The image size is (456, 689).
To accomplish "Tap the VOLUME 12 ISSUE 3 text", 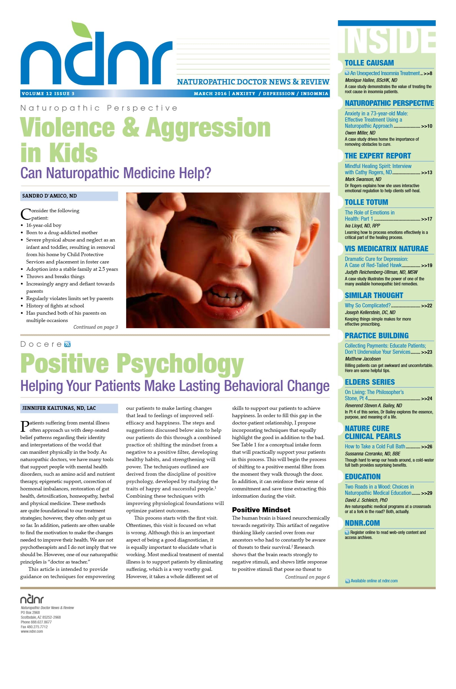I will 48,94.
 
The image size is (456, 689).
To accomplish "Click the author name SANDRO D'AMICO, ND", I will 50,196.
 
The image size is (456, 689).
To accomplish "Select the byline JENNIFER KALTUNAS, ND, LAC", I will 59,408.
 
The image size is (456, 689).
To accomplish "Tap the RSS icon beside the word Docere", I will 68,344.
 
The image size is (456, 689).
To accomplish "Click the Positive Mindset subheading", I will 261,510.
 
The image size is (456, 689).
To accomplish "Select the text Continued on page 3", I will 95,327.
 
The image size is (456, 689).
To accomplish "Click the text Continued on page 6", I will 307,577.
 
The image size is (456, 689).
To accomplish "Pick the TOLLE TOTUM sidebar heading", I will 366,202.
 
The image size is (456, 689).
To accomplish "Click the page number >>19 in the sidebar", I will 427,265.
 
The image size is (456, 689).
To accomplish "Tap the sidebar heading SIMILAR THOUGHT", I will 374,295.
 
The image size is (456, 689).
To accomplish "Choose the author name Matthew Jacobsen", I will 363,359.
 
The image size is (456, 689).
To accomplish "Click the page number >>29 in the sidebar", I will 427,493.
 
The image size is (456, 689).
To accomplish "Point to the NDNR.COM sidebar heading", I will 362,523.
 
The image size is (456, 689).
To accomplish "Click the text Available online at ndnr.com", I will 374,581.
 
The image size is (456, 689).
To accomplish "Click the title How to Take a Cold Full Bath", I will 375,446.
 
